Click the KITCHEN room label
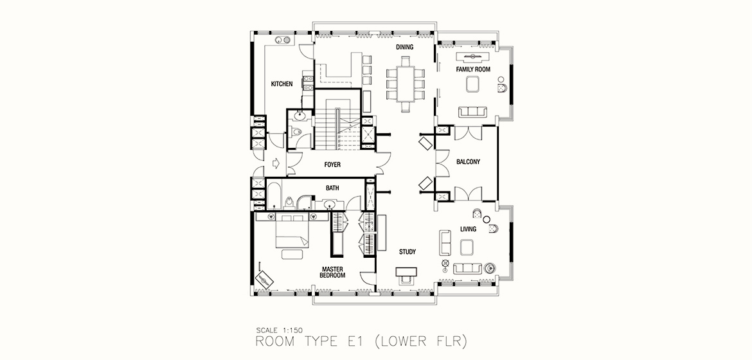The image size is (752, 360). point(282,84)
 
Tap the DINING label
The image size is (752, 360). point(404,47)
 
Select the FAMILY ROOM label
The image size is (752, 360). point(473,69)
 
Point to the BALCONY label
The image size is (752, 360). point(468,162)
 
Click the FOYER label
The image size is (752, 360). point(332,165)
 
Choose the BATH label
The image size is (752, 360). point(332,188)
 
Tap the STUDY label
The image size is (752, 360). point(407,252)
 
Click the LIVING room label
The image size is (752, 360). point(468,230)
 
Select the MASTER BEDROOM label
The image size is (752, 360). point(332,272)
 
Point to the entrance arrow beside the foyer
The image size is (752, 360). point(276,164)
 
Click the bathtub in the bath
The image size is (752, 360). point(274,195)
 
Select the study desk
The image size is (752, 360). point(407,271)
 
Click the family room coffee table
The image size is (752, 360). point(473,85)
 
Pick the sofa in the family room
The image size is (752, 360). point(472,112)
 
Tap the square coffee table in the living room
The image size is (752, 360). point(467,248)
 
